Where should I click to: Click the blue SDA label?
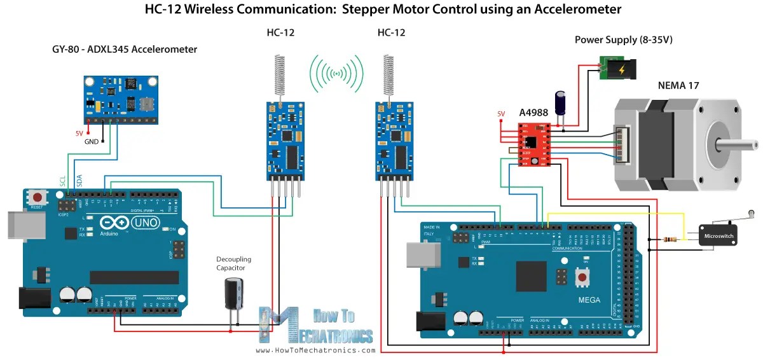(79, 181)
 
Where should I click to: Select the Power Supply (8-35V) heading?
(623, 39)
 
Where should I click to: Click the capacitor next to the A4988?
(561, 102)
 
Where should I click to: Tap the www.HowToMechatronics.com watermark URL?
(315, 350)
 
